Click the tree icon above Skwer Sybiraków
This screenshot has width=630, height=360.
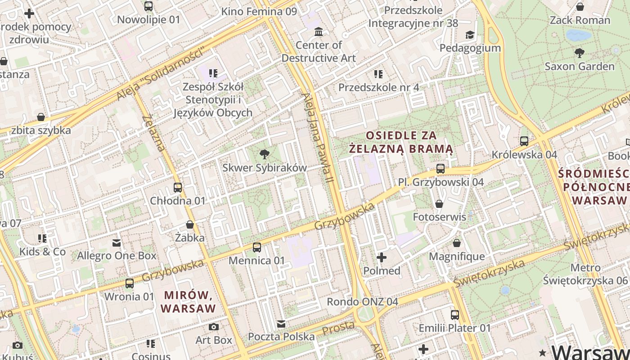tap(265, 154)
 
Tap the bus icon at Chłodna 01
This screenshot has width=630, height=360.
tap(178, 188)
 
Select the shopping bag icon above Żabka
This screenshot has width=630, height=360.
tap(190, 224)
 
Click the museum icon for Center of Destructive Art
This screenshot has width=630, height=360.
tap(319, 31)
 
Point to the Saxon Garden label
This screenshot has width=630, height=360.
tap(579, 67)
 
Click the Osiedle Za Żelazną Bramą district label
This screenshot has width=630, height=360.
tap(401, 142)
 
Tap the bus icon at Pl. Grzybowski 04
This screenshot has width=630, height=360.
tap(441, 169)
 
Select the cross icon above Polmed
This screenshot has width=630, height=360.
tap(382, 257)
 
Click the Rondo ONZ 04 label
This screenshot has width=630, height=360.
tap(362, 301)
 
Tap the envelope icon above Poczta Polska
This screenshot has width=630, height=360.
tap(281, 324)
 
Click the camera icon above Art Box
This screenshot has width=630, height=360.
tap(214, 327)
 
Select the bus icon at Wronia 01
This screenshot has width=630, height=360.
tap(130, 283)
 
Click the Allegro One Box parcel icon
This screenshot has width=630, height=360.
tap(117, 243)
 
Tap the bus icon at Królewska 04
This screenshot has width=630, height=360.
tap(524, 141)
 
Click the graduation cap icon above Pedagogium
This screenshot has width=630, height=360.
tap(470, 35)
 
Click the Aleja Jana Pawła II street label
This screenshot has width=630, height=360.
tap(319, 137)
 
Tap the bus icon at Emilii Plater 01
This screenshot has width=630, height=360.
tap(455, 315)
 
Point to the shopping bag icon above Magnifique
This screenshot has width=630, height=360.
tap(457, 243)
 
